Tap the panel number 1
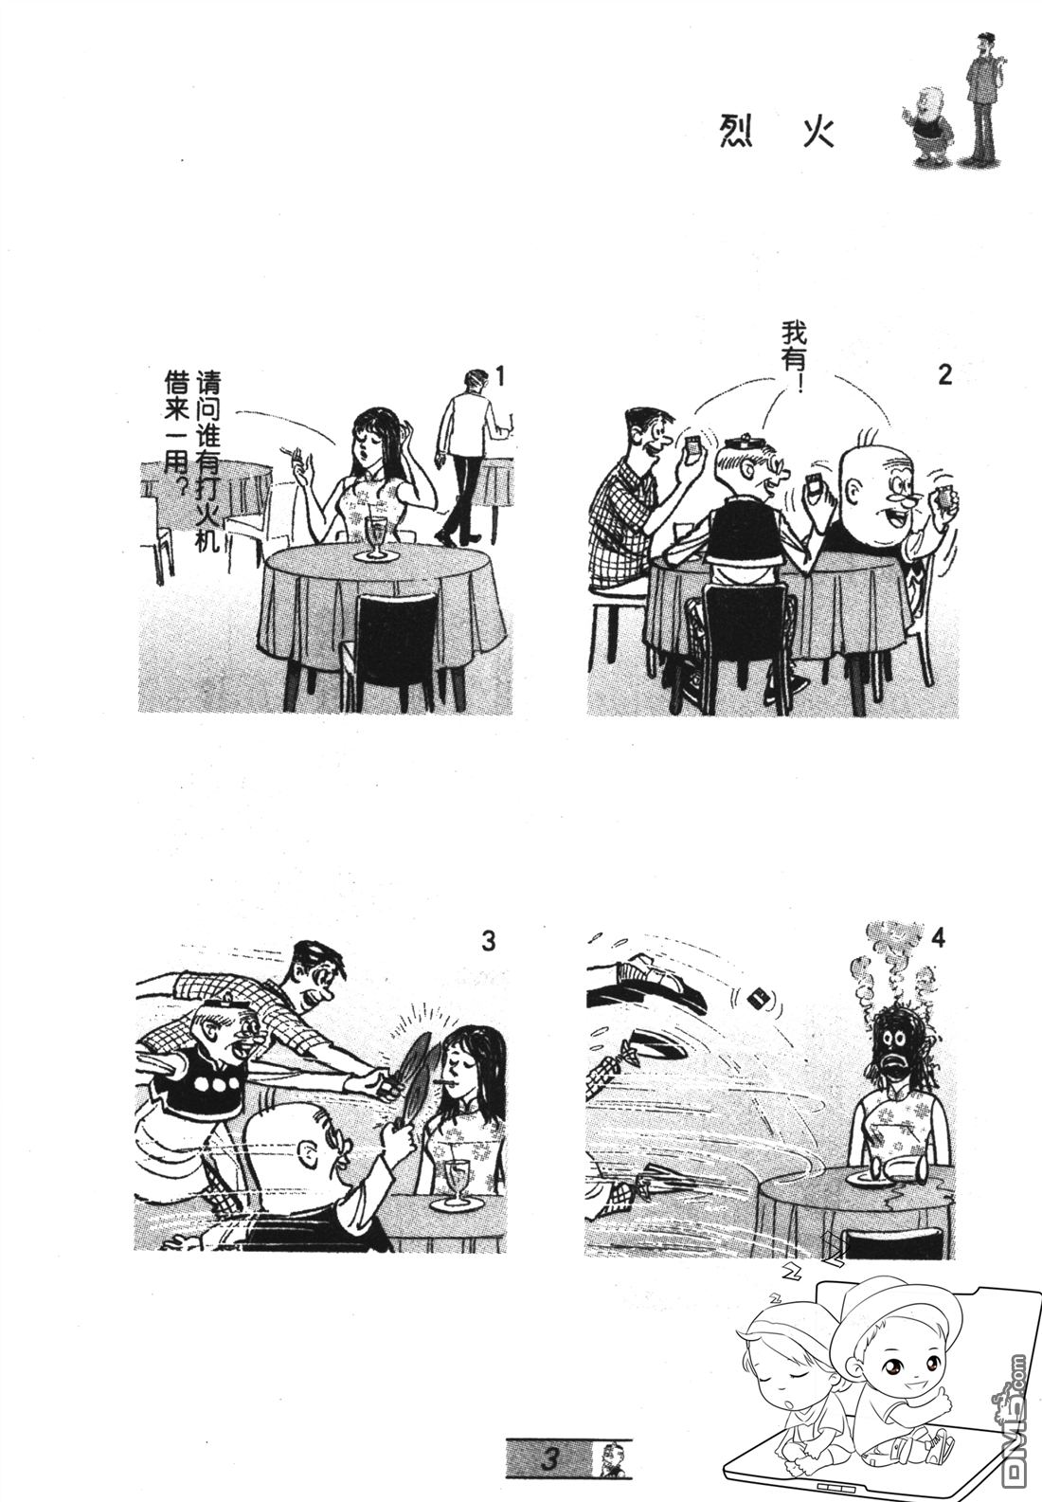(x=498, y=377)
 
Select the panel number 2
(x=944, y=375)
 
